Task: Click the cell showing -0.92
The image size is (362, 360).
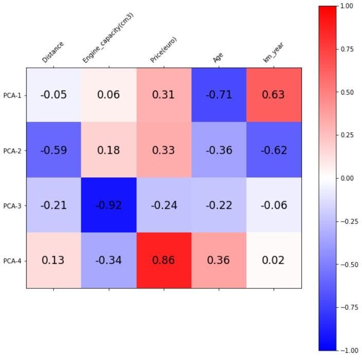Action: (x=108, y=205)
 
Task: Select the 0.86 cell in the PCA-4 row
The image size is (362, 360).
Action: (x=164, y=260)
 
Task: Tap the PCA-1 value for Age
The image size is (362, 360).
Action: (x=219, y=95)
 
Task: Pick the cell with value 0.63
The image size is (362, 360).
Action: (x=274, y=95)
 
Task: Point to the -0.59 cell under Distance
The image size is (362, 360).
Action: (x=53, y=150)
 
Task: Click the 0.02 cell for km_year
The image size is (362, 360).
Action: (x=274, y=260)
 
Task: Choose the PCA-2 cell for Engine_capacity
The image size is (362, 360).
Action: (x=108, y=150)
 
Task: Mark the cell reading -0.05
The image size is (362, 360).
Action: (x=53, y=95)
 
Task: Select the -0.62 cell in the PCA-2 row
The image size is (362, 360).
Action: (x=274, y=150)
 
